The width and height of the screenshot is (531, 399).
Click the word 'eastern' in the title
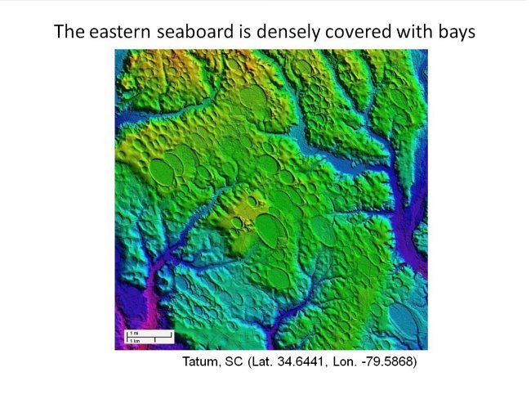(116, 33)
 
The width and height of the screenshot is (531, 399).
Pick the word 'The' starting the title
(68, 33)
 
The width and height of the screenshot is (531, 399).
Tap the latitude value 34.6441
(300, 361)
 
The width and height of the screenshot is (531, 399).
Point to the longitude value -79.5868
(386, 361)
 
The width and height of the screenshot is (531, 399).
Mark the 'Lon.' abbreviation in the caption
(344, 361)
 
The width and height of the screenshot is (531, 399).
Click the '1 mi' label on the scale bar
(133, 333)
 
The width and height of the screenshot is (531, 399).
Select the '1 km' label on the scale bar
(133, 339)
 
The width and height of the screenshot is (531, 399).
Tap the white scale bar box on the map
(149, 336)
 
